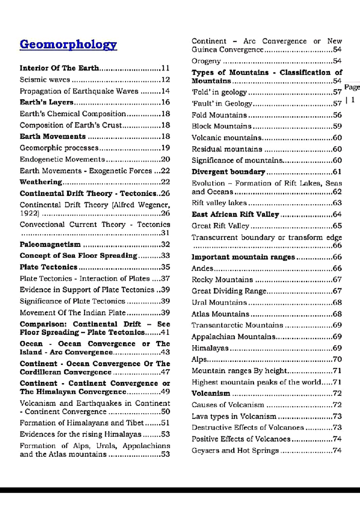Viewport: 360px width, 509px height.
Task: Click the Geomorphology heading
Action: [68, 45]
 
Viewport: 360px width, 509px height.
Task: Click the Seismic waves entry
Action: [45, 80]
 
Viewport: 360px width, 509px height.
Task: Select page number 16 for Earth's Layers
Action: [166, 102]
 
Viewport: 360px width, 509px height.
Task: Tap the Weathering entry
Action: [41, 182]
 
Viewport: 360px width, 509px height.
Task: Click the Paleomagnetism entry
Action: [50, 245]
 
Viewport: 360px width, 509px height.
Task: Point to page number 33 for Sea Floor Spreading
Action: [166, 256]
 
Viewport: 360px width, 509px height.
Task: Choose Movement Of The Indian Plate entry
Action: [73, 313]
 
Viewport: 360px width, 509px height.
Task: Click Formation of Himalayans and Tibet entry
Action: [82, 423]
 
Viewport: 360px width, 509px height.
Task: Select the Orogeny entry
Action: [206, 61]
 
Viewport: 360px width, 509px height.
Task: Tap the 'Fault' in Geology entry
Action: [222, 104]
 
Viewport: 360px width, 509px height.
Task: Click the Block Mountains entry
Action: [221, 126]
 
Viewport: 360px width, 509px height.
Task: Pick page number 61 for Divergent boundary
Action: [337, 172]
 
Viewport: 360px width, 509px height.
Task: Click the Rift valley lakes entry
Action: [219, 203]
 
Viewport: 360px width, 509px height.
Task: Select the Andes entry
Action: [202, 268]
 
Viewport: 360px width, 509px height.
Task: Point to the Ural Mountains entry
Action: [219, 302]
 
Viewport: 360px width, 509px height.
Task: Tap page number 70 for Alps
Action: [337, 359]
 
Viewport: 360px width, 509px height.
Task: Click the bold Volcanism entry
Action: [211, 393]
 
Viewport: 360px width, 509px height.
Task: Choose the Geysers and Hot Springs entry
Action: [235, 451]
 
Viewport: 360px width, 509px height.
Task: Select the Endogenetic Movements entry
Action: [62, 159]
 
